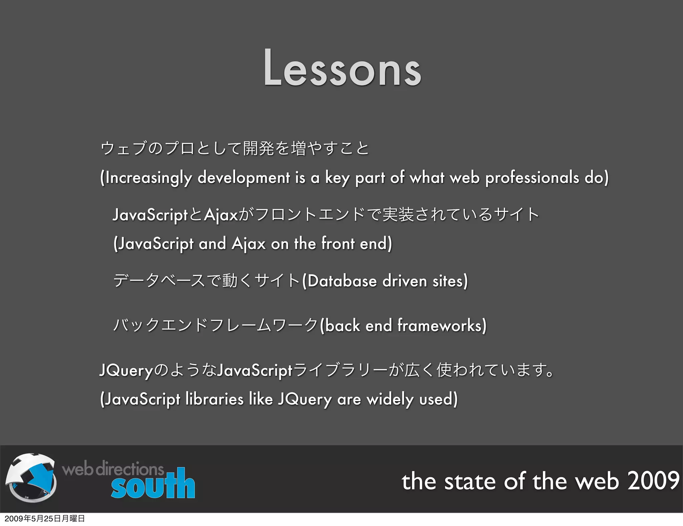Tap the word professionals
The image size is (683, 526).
click(532, 178)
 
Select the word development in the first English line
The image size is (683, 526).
click(243, 178)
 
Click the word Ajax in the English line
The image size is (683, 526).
click(248, 244)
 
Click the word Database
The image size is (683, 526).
click(342, 281)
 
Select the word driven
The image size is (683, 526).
click(405, 281)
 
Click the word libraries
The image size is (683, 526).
click(214, 399)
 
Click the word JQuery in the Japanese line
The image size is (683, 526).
click(126, 371)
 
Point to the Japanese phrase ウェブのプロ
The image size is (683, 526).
click(147, 149)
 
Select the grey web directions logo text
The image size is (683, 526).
click(113, 469)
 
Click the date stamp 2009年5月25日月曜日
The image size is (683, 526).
click(45, 519)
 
